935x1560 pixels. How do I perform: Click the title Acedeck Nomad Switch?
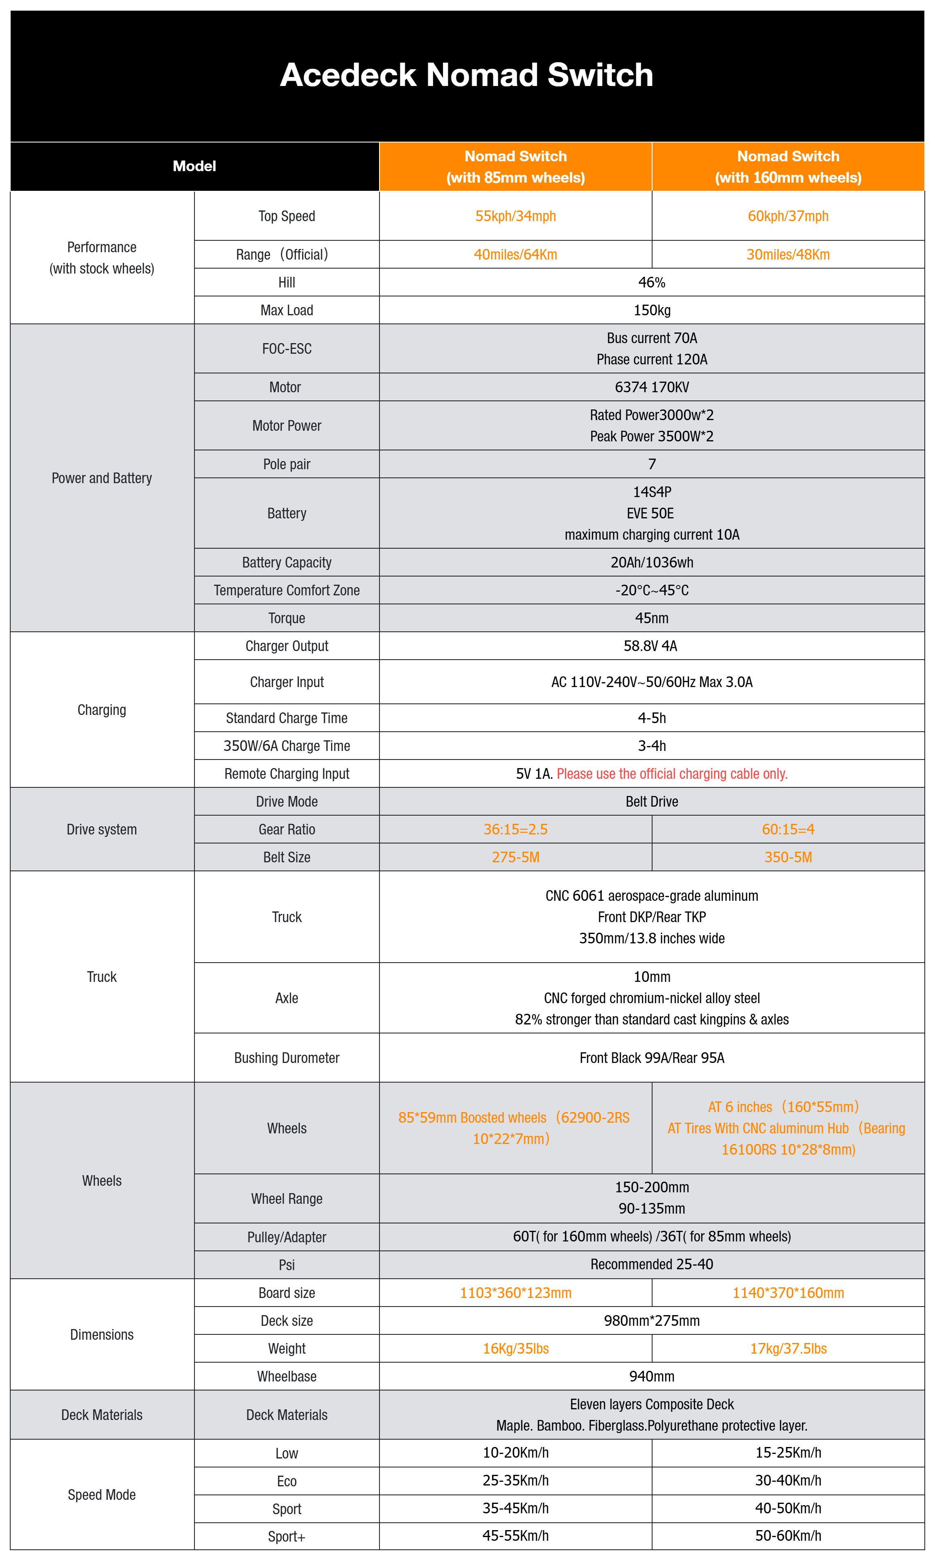(466, 75)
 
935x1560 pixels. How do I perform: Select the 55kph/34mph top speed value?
(515, 216)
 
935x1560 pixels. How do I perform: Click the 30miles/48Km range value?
(788, 255)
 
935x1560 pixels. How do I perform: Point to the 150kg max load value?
(651, 310)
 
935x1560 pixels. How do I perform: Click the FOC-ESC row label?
(287, 348)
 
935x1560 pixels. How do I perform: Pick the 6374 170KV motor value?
(651, 387)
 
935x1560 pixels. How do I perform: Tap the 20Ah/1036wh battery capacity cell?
(651, 562)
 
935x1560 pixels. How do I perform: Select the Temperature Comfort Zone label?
(287, 590)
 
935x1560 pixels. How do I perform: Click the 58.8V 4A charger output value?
(651, 646)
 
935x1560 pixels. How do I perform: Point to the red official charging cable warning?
(672, 774)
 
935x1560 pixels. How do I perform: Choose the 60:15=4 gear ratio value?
(788, 829)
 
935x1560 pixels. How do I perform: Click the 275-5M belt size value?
(515, 857)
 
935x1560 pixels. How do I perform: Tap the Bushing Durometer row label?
(287, 1058)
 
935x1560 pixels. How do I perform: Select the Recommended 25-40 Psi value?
(651, 1264)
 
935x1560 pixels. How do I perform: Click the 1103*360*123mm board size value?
(515, 1293)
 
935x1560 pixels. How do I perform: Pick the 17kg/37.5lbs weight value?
(788, 1348)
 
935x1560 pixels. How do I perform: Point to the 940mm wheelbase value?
(651, 1377)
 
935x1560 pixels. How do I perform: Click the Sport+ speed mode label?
(287, 1537)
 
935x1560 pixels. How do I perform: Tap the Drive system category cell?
(102, 829)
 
